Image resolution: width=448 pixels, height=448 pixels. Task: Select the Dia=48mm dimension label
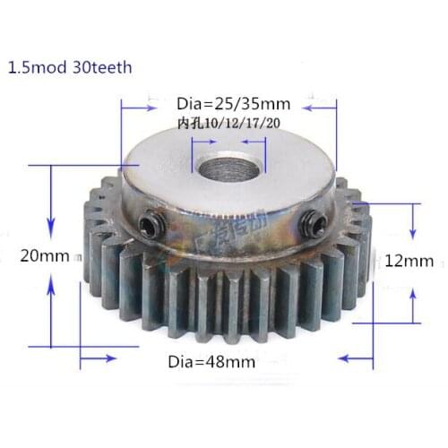tap(211, 362)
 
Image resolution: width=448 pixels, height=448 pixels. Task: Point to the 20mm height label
tap(43, 255)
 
